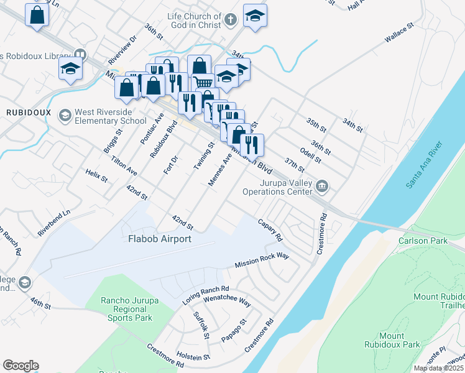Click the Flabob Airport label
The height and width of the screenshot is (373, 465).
[159, 238]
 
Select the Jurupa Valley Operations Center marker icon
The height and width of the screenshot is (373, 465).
[322, 186]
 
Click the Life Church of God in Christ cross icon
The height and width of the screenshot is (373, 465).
[230, 20]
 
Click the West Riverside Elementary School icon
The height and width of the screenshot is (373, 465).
[65, 116]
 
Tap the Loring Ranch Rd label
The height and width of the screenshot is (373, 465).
[206, 293]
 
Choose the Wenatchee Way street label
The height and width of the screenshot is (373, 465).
[227, 303]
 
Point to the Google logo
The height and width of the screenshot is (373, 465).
[21, 366]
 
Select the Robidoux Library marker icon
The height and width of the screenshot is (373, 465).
[79, 55]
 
